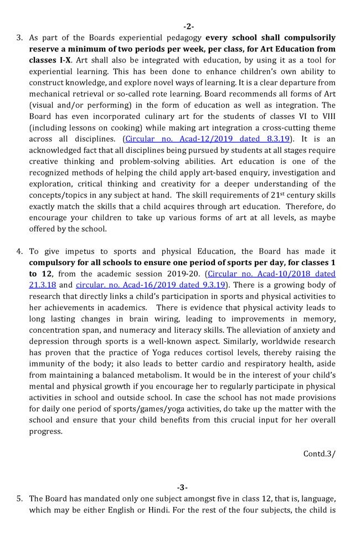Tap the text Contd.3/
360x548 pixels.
click(320, 453)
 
